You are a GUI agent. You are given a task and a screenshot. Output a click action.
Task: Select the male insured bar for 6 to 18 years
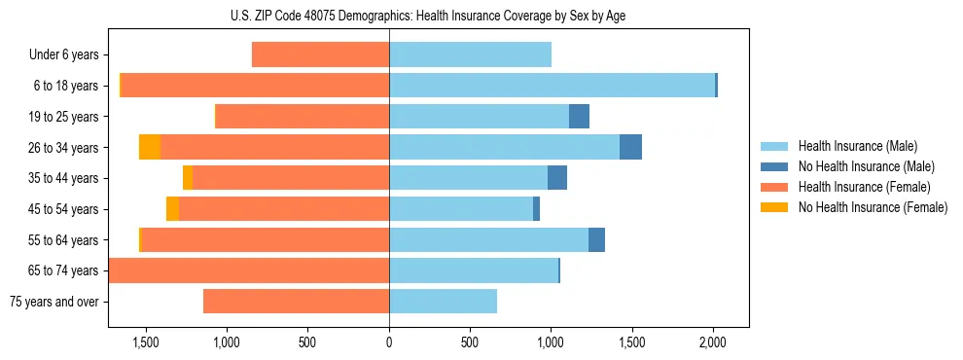[552, 86]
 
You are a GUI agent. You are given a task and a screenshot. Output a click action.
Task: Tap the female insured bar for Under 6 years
[320, 54]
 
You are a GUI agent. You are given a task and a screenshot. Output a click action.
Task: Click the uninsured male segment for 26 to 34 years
[630, 147]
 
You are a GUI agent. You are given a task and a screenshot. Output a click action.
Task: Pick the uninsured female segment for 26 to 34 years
[150, 147]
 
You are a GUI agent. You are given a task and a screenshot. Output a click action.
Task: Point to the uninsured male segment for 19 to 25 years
[579, 117]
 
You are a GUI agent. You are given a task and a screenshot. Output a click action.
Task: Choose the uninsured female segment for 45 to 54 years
[172, 209]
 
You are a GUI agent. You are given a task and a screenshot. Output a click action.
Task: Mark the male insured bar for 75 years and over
[443, 302]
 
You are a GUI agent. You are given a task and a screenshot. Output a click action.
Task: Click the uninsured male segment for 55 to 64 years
[596, 239]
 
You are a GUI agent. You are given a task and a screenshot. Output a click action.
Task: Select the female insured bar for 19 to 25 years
[302, 117]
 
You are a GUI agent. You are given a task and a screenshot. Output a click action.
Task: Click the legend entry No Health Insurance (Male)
[859, 166]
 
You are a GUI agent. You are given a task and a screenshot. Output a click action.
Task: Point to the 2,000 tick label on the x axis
[713, 342]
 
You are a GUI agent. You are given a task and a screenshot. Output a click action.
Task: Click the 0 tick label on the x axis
[389, 342]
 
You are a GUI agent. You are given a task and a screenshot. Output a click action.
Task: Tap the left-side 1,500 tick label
[146, 342]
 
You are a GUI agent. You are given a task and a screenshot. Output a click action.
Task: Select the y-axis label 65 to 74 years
[63, 270]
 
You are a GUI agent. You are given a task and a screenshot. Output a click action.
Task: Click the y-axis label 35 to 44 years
[63, 178]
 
